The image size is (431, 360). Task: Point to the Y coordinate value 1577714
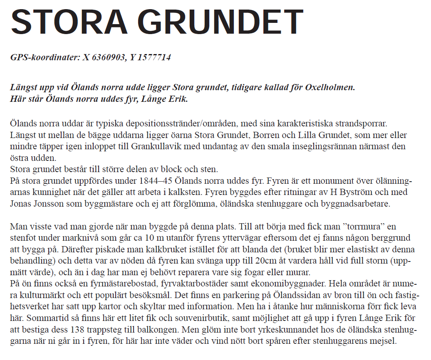click(x=155, y=57)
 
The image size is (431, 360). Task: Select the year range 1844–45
click(x=155, y=182)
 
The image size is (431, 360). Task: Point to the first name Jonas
click(x=22, y=204)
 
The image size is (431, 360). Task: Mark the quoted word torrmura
click(x=361, y=227)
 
